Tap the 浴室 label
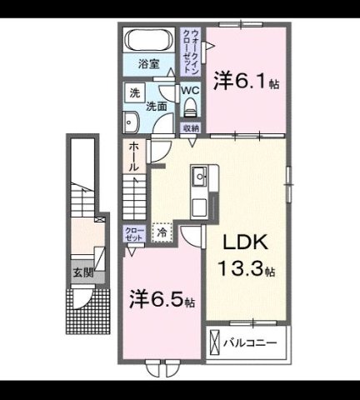click(x=148, y=63)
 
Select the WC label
click(x=191, y=89)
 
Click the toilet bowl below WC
click(x=191, y=107)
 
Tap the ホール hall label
click(x=133, y=158)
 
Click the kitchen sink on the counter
click(x=201, y=177)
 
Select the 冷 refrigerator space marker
click(x=161, y=234)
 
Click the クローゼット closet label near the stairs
click(x=132, y=232)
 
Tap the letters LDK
click(x=245, y=242)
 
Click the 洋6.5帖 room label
click(x=162, y=297)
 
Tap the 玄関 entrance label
click(x=82, y=272)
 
